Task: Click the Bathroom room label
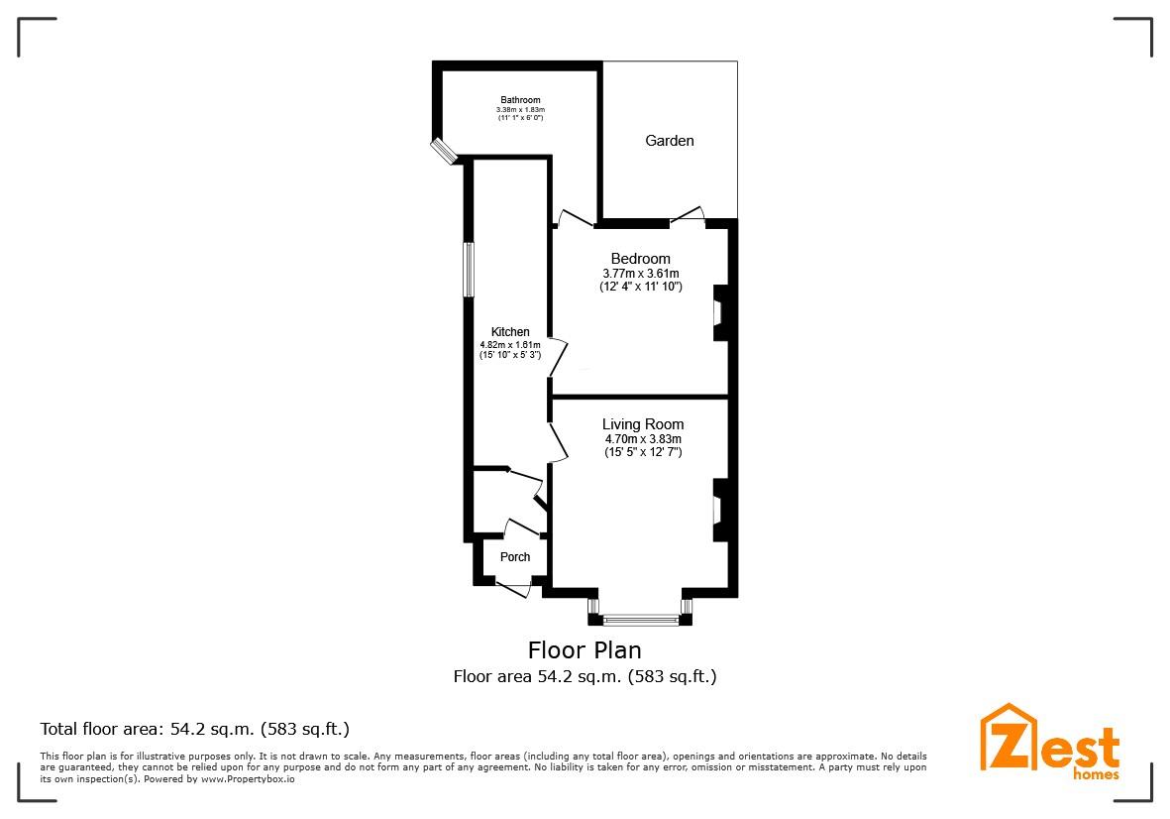click(520, 100)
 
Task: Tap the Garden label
click(670, 141)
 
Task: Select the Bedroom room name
click(640, 259)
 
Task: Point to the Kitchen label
click(510, 332)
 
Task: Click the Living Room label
click(643, 424)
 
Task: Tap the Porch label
click(514, 557)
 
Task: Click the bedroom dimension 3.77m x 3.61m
click(640, 274)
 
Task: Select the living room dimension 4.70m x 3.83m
click(643, 438)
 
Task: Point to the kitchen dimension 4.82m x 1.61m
click(510, 344)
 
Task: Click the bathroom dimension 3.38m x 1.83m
click(520, 110)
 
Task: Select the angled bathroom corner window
click(442, 150)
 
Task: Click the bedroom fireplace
click(719, 313)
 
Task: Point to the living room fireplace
click(719, 510)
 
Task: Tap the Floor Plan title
click(585, 650)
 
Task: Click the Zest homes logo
click(1050, 742)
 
